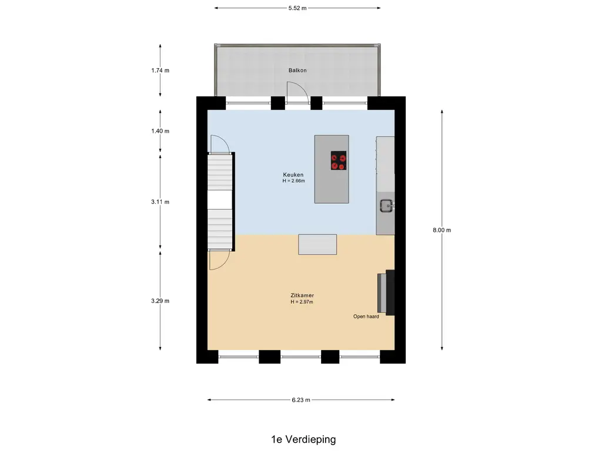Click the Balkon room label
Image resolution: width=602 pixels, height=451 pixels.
tap(297, 70)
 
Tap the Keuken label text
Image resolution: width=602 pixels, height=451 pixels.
tap(293, 175)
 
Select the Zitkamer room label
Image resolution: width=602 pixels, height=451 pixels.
tap(302, 295)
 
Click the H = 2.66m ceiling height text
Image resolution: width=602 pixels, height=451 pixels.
tap(294, 181)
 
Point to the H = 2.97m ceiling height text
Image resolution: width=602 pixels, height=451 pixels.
tap(302, 302)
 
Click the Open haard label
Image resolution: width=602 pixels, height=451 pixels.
tap(366, 317)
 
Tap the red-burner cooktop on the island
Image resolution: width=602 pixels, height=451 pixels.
tap(339, 161)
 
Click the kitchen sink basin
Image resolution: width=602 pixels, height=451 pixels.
tap(386, 206)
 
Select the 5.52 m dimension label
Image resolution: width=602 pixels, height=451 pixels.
tap(297, 8)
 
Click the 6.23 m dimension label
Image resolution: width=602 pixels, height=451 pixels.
tap(301, 400)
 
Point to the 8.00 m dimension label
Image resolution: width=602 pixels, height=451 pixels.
tap(442, 230)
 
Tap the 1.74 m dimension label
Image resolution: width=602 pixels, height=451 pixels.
tap(160, 70)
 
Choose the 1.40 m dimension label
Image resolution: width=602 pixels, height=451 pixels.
tap(160, 131)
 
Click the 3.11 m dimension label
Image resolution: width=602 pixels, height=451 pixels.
tap(160, 202)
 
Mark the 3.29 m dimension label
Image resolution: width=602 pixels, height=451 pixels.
tap(160, 301)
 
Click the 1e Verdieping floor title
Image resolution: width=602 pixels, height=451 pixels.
tap(303, 439)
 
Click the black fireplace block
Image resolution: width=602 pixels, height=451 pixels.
tap(390, 292)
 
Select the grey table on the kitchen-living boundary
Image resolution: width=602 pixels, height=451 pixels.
tap(317, 245)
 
